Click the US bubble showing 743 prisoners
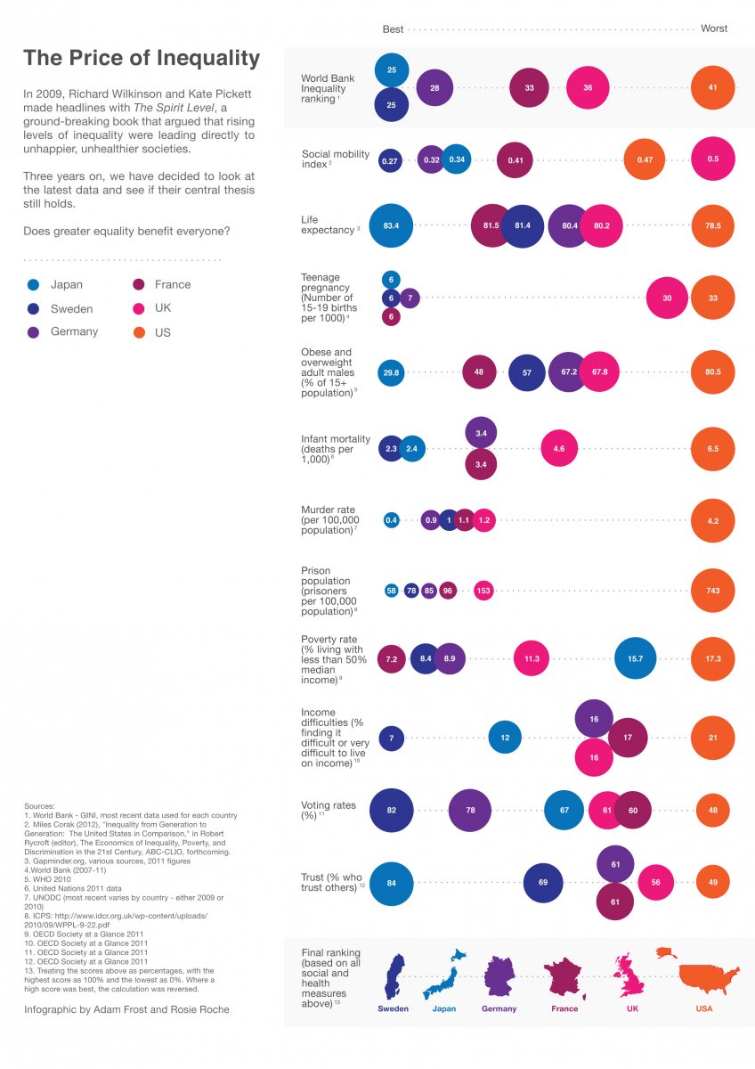pos(713,591)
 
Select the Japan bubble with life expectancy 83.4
pos(391,226)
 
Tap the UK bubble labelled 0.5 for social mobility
pos(713,159)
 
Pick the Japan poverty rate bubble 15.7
pos(636,658)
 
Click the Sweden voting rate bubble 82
pos(391,811)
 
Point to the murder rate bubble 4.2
pos(713,520)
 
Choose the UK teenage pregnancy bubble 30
pos(668,298)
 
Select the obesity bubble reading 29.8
pos(391,371)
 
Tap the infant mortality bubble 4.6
pos(559,449)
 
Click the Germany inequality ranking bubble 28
pos(434,88)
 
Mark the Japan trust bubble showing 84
pos(391,884)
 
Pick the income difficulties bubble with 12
pos(505,738)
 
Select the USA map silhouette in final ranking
pos(709,977)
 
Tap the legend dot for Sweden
pos(34,309)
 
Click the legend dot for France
pos(139,285)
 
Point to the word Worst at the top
pos(714,29)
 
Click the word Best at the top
pos(393,29)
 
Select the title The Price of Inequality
pos(142,59)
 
